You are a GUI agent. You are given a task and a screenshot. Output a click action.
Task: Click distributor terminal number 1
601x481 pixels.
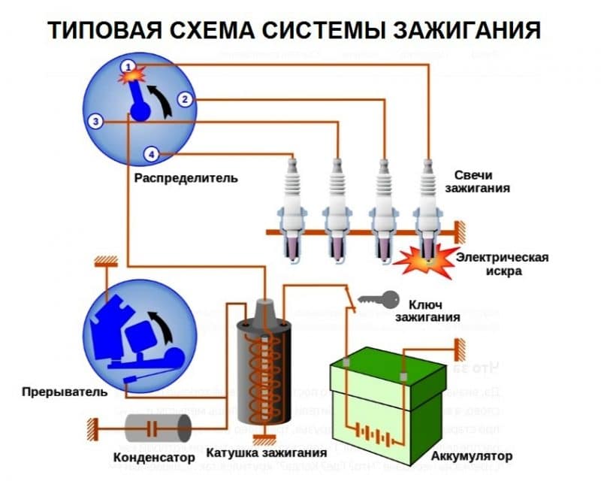pos(129,66)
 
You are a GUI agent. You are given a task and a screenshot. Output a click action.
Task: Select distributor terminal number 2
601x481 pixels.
pos(186,98)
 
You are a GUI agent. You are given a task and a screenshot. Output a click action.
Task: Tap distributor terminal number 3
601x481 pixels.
pos(94,121)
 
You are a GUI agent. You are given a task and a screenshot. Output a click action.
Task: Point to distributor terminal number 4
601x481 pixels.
pos(153,154)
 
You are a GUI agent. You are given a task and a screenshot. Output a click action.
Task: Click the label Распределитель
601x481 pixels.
pos(186,178)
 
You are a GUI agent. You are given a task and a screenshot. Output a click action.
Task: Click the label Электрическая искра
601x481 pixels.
pos(503,264)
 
